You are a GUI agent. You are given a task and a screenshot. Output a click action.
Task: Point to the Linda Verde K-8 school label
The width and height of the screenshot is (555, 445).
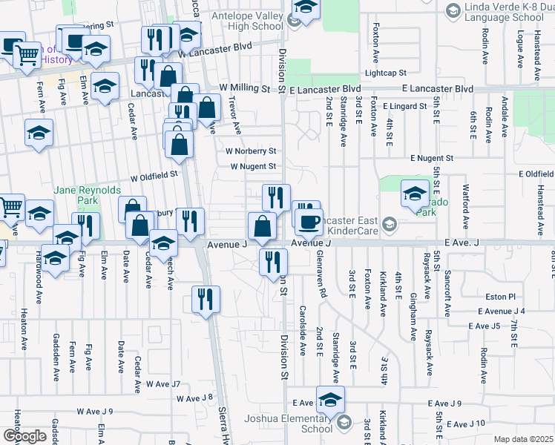(508, 13)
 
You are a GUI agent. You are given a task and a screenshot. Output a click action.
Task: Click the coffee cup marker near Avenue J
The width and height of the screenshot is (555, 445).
(309, 220)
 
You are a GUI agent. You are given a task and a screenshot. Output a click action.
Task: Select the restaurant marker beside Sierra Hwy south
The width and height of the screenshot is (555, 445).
(206, 299)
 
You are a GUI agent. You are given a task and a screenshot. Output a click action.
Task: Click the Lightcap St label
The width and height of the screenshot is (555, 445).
(384, 73)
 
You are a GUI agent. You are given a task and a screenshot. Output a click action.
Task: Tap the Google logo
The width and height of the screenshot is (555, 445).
(24, 435)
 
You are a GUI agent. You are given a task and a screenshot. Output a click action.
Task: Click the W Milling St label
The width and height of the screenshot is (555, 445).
(245, 88)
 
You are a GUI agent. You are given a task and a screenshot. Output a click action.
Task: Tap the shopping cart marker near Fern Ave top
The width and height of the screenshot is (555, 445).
(27, 53)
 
